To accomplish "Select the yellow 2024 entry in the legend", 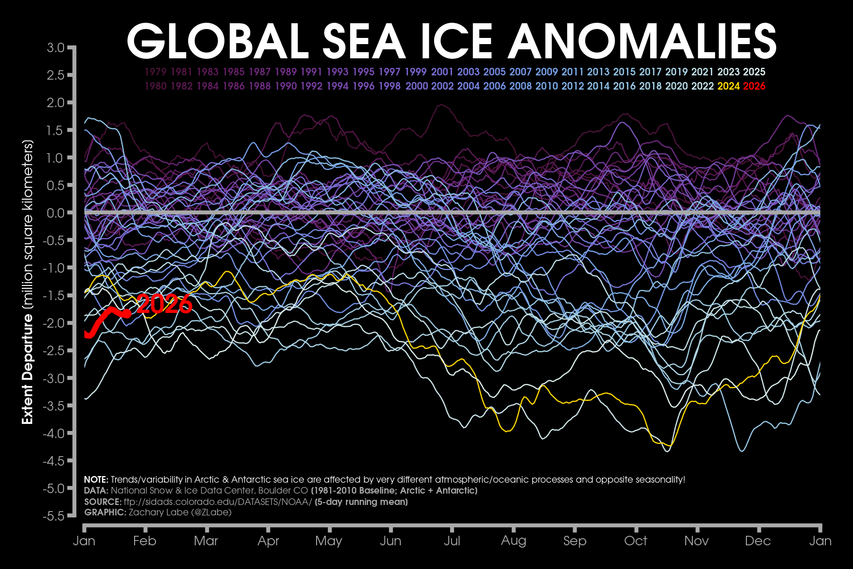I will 728,86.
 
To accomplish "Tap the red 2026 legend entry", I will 754,86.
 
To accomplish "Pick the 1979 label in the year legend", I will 155,72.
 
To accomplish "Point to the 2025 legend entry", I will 754,72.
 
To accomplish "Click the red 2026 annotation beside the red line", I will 164,304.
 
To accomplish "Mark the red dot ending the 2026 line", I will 127,313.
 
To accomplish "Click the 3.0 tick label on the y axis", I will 55,47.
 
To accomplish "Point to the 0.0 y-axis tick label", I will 55,213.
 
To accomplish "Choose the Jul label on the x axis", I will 452,541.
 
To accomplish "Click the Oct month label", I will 635,541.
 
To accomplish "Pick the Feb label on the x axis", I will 145,541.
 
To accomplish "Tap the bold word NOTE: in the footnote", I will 96,480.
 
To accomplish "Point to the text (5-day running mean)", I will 361,502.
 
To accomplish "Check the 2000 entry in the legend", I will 417,86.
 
